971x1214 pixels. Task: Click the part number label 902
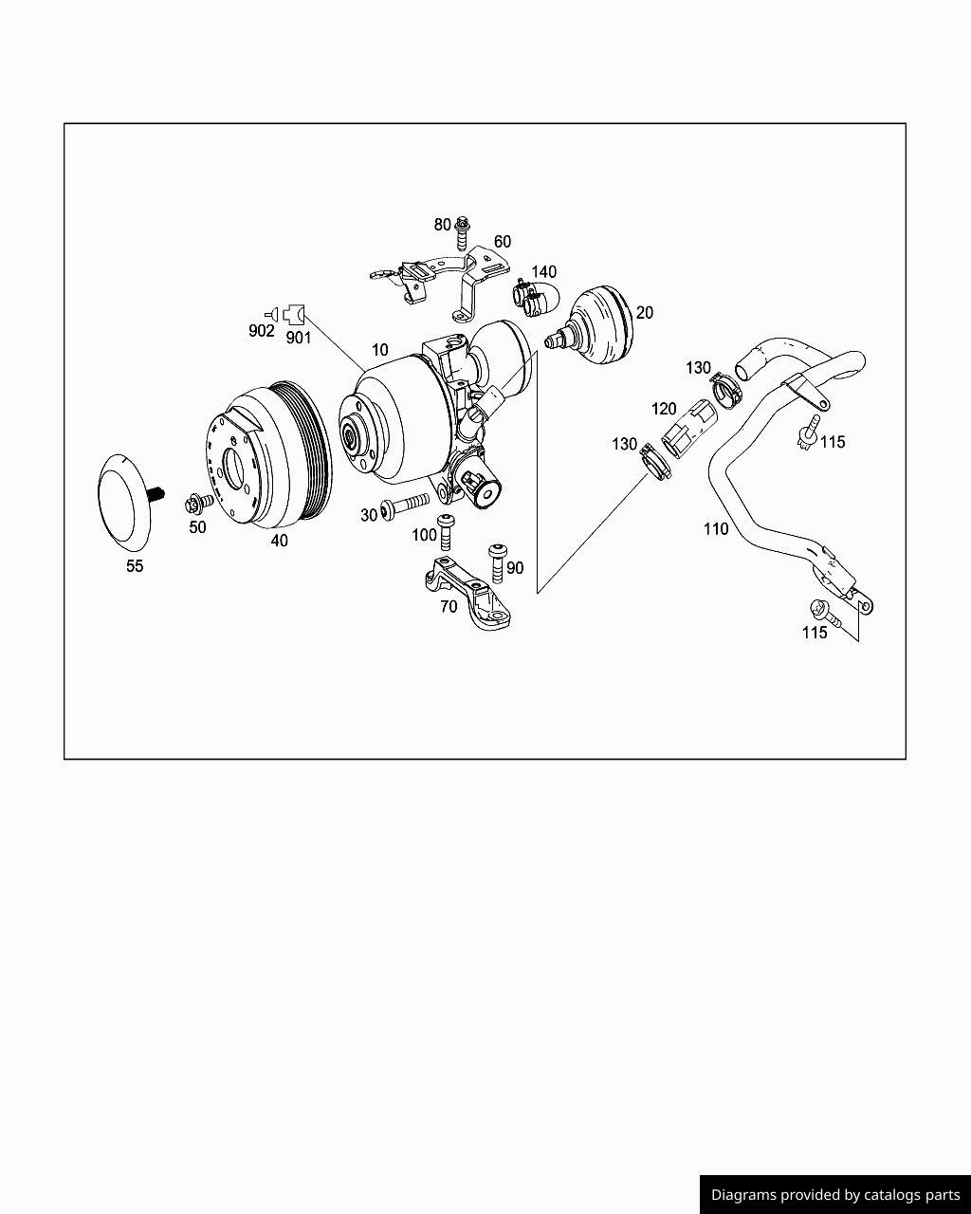coord(261,331)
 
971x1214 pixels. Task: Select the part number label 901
coord(299,338)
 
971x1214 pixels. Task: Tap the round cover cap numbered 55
coord(124,502)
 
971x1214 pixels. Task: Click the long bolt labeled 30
coord(405,503)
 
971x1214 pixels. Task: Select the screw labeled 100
coord(446,531)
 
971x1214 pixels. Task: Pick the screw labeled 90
coord(498,562)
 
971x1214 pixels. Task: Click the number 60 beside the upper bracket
coord(503,242)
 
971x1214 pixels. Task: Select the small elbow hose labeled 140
coord(536,297)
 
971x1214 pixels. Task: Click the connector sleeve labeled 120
coord(688,429)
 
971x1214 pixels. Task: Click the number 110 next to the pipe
coord(715,528)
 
